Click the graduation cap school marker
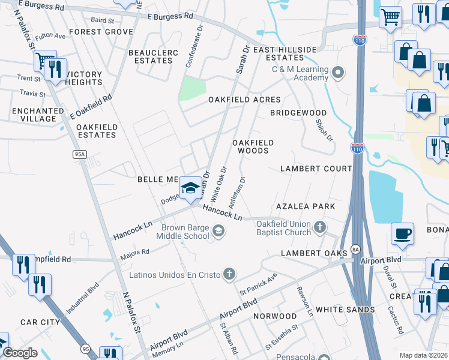[x=191, y=188]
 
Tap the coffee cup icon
[x=402, y=234]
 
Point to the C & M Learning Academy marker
[x=338, y=73]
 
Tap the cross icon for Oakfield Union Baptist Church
[x=320, y=227]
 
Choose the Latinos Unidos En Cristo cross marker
[x=228, y=275]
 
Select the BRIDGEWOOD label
[x=298, y=113]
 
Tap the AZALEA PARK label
[x=305, y=206]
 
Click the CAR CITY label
[x=40, y=322]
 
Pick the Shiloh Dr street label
[x=325, y=130]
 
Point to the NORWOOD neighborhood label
[x=275, y=316]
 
